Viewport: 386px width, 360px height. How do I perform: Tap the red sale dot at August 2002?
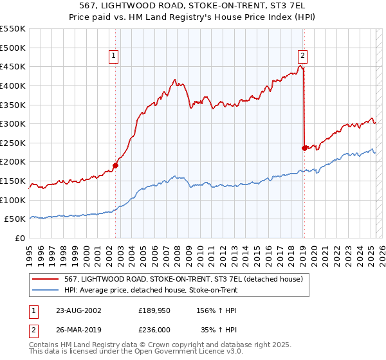click(x=116, y=165)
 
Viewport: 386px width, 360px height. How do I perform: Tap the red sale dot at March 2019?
click(x=304, y=148)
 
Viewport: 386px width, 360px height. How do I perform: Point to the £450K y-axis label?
click(x=13, y=66)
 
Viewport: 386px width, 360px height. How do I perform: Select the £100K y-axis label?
click(x=13, y=200)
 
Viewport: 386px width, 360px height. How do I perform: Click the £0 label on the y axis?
click(x=20, y=238)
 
